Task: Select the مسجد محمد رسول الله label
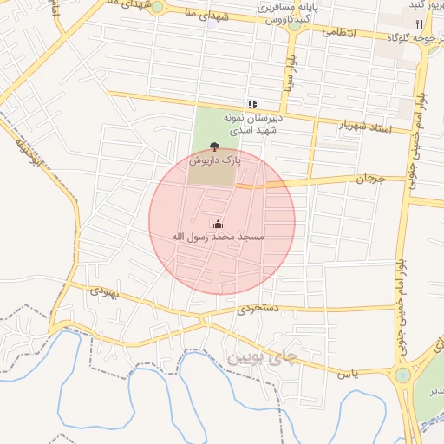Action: [x=218, y=237]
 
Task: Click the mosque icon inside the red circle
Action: [x=217, y=225]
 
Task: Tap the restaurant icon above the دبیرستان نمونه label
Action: [x=252, y=104]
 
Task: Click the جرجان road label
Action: [x=369, y=179]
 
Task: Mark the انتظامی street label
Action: [x=339, y=33]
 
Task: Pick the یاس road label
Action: [x=348, y=373]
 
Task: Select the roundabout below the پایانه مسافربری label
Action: [x=295, y=26]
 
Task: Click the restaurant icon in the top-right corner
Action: [x=420, y=24]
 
